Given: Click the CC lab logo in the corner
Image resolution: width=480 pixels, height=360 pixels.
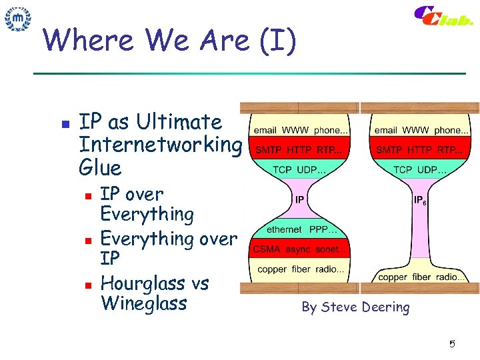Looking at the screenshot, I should click(x=443, y=17).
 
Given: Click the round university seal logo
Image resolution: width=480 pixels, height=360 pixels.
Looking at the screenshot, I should click(x=18, y=19).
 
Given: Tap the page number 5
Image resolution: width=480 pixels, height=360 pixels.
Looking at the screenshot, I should click(x=451, y=344).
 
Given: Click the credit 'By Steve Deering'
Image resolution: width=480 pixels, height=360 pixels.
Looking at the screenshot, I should click(x=355, y=307).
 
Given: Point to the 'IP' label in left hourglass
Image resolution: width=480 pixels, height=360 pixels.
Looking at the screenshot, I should click(x=299, y=199).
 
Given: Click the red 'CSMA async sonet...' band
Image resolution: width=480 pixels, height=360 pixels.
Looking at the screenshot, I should click(x=299, y=250).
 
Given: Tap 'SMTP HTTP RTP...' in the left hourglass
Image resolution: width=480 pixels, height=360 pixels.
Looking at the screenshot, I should click(x=299, y=150).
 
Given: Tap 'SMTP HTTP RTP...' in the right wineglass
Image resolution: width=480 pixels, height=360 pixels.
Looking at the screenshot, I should click(x=420, y=150).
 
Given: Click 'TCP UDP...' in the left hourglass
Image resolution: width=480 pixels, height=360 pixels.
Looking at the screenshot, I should click(x=299, y=169).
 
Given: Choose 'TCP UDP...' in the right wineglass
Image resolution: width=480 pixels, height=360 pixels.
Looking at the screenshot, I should click(x=420, y=169).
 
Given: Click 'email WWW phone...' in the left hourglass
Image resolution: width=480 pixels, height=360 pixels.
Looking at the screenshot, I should click(x=299, y=130).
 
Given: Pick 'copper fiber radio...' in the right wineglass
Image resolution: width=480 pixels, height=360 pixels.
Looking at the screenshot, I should click(x=421, y=277).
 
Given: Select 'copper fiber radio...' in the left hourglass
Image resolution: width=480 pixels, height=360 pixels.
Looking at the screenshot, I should click(x=301, y=269).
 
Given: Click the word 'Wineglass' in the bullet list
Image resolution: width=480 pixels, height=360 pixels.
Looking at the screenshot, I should click(x=143, y=304).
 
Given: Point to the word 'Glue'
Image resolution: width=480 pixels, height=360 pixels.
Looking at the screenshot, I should click(x=100, y=167).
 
